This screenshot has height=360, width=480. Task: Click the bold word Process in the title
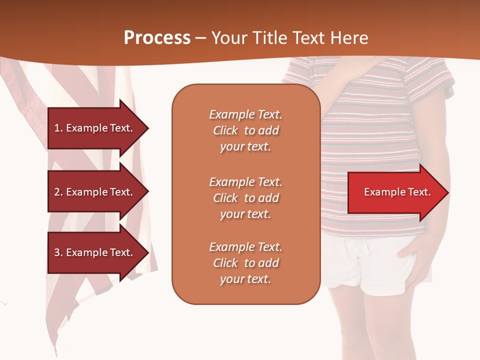point(157,38)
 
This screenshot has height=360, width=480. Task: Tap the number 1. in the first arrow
point(58,128)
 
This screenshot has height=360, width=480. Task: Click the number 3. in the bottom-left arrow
point(58,252)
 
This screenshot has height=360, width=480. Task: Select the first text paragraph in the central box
point(245,130)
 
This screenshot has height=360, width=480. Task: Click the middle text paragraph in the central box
point(245,198)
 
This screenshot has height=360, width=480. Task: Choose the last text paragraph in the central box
point(245,263)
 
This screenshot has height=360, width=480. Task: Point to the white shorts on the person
point(350,265)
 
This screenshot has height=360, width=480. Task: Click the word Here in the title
point(350,38)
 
